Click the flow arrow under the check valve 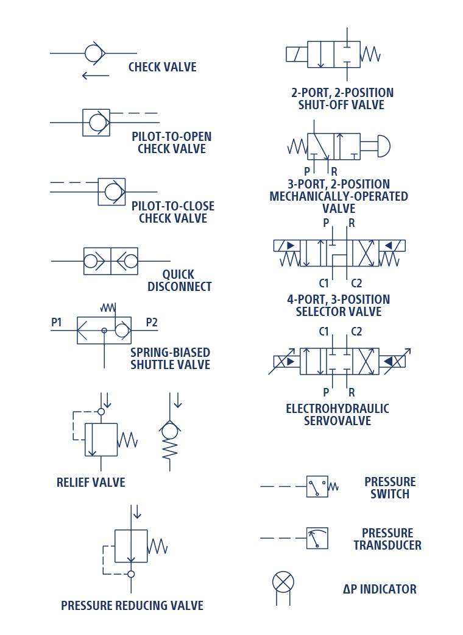tap(96, 75)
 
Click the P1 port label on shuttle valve tap(56, 322)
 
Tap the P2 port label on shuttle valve tap(152, 322)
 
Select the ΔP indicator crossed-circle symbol tap(283, 583)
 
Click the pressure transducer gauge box tap(317, 538)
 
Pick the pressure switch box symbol tap(317, 486)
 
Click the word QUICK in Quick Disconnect tap(178, 274)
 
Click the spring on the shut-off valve tap(370, 54)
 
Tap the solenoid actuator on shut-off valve tap(297, 54)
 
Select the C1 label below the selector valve tap(324, 283)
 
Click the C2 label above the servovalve tap(356, 332)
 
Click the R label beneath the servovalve tap(352, 392)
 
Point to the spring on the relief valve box tap(127, 440)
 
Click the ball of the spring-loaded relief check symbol tap(170, 432)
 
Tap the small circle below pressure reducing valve tap(131, 574)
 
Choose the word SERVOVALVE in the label tap(338, 421)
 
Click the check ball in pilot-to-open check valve tap(97, 122)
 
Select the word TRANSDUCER tap(387, 545)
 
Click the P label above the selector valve tap(326, 223)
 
